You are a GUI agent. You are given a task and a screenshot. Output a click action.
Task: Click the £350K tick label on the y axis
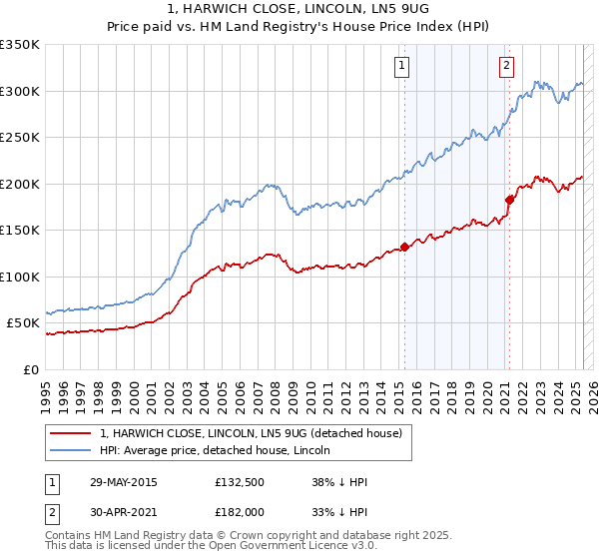click(19, 45)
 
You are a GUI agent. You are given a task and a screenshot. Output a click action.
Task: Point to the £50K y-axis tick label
click(22, 323)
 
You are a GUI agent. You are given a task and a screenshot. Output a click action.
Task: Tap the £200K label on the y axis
click(19, 184)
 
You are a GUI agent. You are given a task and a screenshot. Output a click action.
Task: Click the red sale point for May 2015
click(404, 247)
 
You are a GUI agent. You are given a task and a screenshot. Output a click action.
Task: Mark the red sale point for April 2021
click(509, 200)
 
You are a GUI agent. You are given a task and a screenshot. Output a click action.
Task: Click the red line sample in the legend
click(71, 433)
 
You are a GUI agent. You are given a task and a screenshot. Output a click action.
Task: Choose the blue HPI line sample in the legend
click(71, 450)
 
